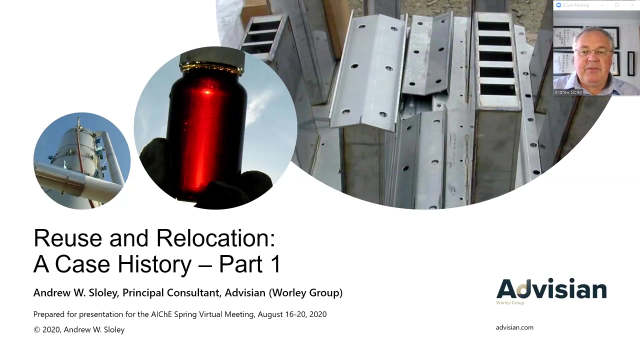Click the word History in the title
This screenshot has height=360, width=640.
(154, 264)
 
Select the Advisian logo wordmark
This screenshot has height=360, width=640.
(551, 288)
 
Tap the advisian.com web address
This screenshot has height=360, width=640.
(514, 327)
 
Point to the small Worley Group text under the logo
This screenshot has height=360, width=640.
(510, 302)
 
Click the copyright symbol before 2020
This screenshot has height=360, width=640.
(36, 329)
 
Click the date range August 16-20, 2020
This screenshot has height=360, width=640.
(292, 314)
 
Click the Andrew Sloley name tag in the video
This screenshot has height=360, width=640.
(568, 92)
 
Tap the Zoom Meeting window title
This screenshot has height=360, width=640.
(575, 5)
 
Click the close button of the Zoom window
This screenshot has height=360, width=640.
(632, 5)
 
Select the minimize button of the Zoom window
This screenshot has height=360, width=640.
(602, 5)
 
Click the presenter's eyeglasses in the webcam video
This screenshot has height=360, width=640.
(593, 52)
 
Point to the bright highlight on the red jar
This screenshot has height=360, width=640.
(207, 92)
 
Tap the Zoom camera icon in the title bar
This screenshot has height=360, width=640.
(558, 5)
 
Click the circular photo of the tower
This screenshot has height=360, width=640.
(82, 161)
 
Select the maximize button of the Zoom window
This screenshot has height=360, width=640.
(617, 5)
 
